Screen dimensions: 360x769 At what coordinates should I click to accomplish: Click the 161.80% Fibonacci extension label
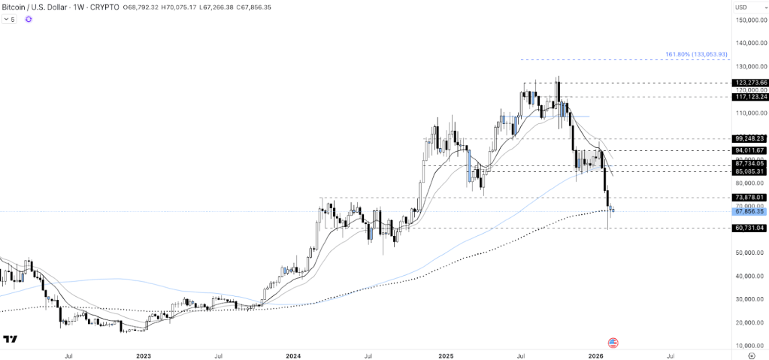click(696, 54)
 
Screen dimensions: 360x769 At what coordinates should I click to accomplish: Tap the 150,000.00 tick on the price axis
click(750, 20)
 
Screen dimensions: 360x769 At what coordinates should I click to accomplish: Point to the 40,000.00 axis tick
click(750, 276)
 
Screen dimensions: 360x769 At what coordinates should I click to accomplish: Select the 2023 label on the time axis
click(144, 355)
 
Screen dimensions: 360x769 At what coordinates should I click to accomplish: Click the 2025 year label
click(445, 355)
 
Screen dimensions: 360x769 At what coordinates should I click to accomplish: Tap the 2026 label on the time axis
click(596, 355)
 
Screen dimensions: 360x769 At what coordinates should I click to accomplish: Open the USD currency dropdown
click(741, 8)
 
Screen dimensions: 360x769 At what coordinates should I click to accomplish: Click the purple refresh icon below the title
click(29, 20)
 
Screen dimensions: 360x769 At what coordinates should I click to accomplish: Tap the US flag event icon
click(613, 343)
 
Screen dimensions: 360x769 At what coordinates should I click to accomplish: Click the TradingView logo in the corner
click(10, 340)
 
